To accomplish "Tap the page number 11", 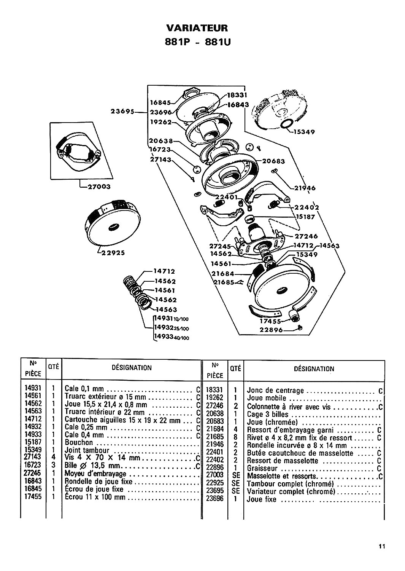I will tap(382, 547).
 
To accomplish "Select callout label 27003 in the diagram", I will tap(97, 187).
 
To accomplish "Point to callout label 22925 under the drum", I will tap(114, 252).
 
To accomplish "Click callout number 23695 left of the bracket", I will tap(123, 112).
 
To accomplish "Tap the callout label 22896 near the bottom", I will tap(271, 330).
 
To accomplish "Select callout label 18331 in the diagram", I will tap(238, 96).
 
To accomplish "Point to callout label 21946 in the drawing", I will tap(305, 188).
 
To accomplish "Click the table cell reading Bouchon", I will tap(79, 442).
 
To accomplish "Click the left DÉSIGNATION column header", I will tap(132, 368).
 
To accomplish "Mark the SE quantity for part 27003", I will tap(235, 476).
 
